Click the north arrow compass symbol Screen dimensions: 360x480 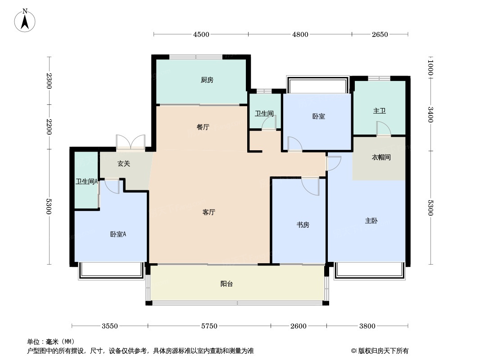pos(25,20)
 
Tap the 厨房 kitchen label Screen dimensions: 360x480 pos(207,80)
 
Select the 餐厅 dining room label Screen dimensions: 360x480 pos(203,127)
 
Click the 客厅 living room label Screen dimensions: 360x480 pos(208,212)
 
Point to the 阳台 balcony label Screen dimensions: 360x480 pos(226,284)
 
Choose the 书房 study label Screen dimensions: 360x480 pos(303,225)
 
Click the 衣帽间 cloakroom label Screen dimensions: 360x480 pos(381,157)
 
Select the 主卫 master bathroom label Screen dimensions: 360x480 pos(379,111)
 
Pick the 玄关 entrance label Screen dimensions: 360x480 pos(124,164)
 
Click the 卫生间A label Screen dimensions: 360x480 pos(86,182)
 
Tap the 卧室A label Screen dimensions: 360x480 pos(118,234)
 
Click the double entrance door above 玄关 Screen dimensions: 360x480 pos(131,142)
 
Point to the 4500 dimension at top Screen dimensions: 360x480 pos(201,35)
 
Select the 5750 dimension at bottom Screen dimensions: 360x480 pos(209,326)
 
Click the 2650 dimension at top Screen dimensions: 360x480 pos(380,35)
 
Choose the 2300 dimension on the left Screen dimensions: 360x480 pos(49,81)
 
